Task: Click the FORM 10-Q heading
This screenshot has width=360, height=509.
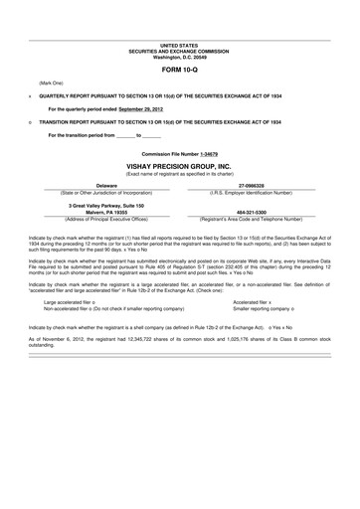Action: point(180,73)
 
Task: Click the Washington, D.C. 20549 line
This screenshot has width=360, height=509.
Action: point(180,56)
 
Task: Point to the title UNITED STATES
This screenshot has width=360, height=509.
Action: point(180,45)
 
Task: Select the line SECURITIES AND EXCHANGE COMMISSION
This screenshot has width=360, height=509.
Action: point(180,50)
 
